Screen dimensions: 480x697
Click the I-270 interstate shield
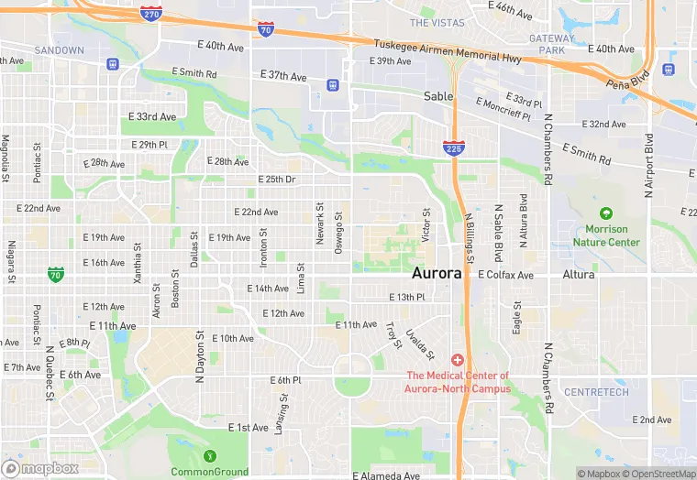[152, 14]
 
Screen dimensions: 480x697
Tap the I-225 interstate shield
[452, 147]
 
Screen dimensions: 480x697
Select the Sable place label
[438, 95]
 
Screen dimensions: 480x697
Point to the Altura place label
[578, 274]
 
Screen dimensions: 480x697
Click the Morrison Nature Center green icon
[605, 213]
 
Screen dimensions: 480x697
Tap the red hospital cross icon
[457, 361]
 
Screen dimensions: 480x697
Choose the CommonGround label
[210, 472]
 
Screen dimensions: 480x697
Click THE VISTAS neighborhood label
[437, 22]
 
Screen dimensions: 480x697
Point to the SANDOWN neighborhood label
[59, 49]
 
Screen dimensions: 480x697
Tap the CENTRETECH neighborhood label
[596, 392]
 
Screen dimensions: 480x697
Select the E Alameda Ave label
[385, 475]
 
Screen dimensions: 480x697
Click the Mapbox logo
[40, 468]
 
